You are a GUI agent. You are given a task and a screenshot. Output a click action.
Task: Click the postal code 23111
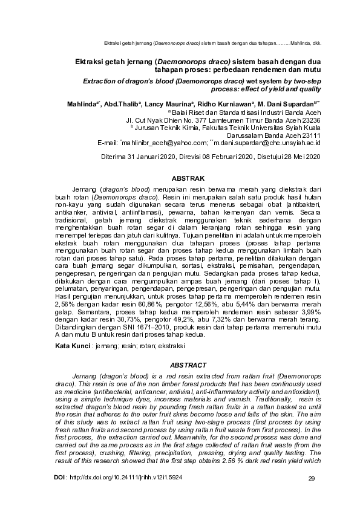(x=308, y=135)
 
